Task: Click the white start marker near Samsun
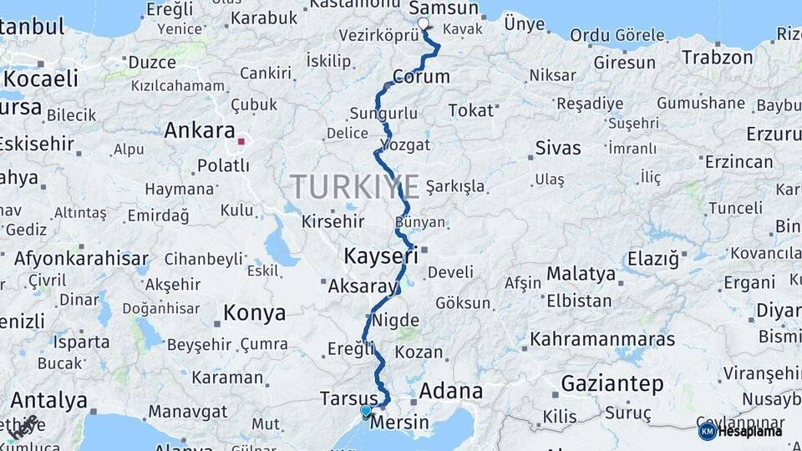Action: [423, 24]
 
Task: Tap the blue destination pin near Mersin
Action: [366, 410]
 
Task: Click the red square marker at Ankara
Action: [241, 141]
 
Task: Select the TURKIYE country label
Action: [355, 186]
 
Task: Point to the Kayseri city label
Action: [381, 256]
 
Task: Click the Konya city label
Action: [254, 313]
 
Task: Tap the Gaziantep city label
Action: [612, 384]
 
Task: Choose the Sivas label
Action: [558, 149]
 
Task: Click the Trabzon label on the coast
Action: [717, 58]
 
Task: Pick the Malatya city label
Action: [581, 273]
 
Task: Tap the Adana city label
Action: [451, 391]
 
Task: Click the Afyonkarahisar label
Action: [81, 258]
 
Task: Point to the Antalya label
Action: [48, 400]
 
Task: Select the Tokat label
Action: [471, 111]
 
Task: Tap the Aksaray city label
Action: [363, 286]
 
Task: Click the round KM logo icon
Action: [707, 431]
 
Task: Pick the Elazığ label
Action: [652, 259]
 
